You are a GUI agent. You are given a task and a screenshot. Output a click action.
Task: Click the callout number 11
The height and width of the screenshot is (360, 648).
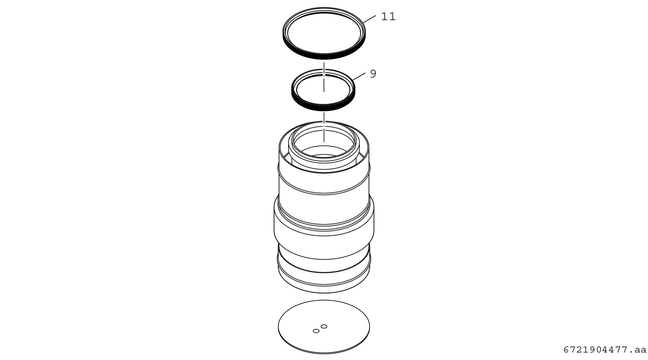coord(388,17)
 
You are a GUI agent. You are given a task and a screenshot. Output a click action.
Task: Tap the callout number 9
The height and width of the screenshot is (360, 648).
coord(373,74)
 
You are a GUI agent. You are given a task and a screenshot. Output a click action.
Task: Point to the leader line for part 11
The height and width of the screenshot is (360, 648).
coord(369,19)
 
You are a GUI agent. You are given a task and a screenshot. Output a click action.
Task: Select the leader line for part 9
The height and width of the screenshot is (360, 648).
coord(359,76)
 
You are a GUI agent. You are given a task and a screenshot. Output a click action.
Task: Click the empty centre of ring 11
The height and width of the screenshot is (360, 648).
coord(324,33)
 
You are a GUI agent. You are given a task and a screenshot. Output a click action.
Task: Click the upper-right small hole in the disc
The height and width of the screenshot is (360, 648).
coord(324,326)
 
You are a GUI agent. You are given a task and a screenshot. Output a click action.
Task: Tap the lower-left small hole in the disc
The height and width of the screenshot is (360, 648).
coord(316,331)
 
